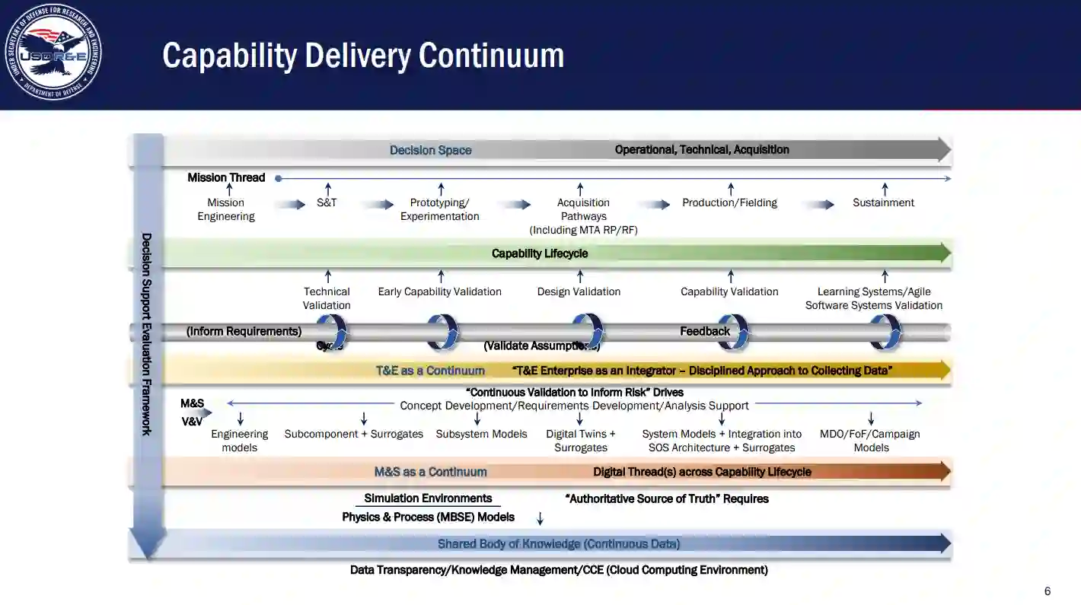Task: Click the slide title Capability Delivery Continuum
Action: pyautogui.click(x=363, y=56)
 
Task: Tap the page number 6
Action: pyautogui.click(x=1048, y=591)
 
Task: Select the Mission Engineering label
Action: pyautogui.click(x=226, y=209)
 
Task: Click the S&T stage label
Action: pyautogui.click(x=327, y=202)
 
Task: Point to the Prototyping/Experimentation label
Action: pyautogui.click(x=440, y=209)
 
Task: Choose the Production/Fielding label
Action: pyautogui.click(x=729, y=202)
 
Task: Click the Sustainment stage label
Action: pyautogui.click(x=883, y=202)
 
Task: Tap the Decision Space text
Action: pyautogui.click(x=430, y=150)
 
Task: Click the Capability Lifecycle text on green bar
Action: pyautogui.click(x=540, y=253)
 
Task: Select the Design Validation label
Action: pyautogui.click(x=579, y=291)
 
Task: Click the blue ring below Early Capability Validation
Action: pyautogui.click(x=442, y=332)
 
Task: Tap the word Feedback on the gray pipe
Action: pyautogui.click(x=705, y=331)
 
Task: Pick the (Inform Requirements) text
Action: pyautogui.click(x=244, y=331)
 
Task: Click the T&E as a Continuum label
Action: pyautogui.click(x=430, y=371)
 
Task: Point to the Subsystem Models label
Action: pyautogui.click(x=481, y=434)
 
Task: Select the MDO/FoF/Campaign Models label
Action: pyautogui.click(x=870, y=441)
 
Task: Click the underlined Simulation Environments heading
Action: pyautogui.click(x=428, y=498)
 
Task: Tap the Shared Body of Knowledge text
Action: pyautogui.click(x=558, y=543)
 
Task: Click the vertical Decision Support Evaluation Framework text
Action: pyautogui.click(x=147, y=334)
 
